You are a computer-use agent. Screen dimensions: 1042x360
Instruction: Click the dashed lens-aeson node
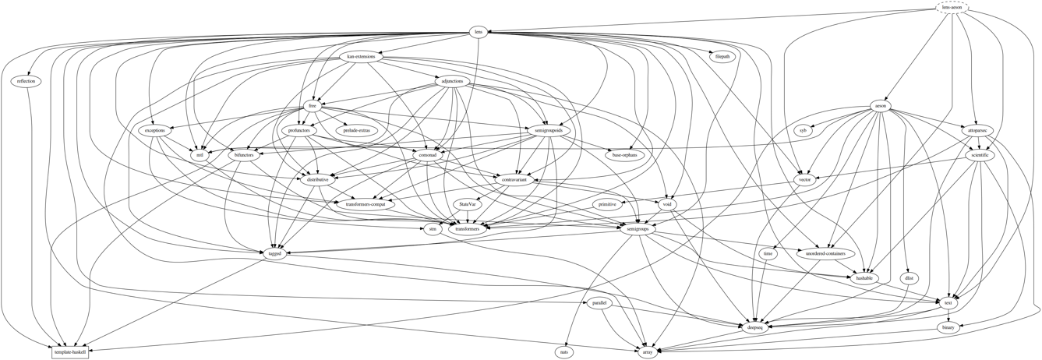(x=952, y=7)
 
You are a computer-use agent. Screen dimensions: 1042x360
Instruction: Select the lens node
(x=479, y=32)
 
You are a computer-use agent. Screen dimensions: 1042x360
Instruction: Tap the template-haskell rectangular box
(x=70, y=353)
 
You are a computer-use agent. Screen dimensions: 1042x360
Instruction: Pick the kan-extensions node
(x=361, y=57)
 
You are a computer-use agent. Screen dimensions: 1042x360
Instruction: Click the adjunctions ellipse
(x=452, y=81)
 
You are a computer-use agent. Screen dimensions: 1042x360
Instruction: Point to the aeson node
(x=881, y=106)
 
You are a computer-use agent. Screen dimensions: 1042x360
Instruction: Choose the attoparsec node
(x=978, y=130)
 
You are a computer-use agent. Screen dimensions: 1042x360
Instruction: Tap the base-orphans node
(x=624, y=155)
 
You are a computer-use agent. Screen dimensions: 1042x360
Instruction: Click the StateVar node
(x=468, y=204)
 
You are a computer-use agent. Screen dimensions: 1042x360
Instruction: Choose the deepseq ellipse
(x=754, y=328)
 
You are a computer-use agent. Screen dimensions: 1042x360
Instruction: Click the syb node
(x=803, y=131)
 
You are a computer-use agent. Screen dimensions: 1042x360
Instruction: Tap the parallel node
(x=599, y=303)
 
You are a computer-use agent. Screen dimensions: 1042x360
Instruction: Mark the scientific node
(x=980, y=155)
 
